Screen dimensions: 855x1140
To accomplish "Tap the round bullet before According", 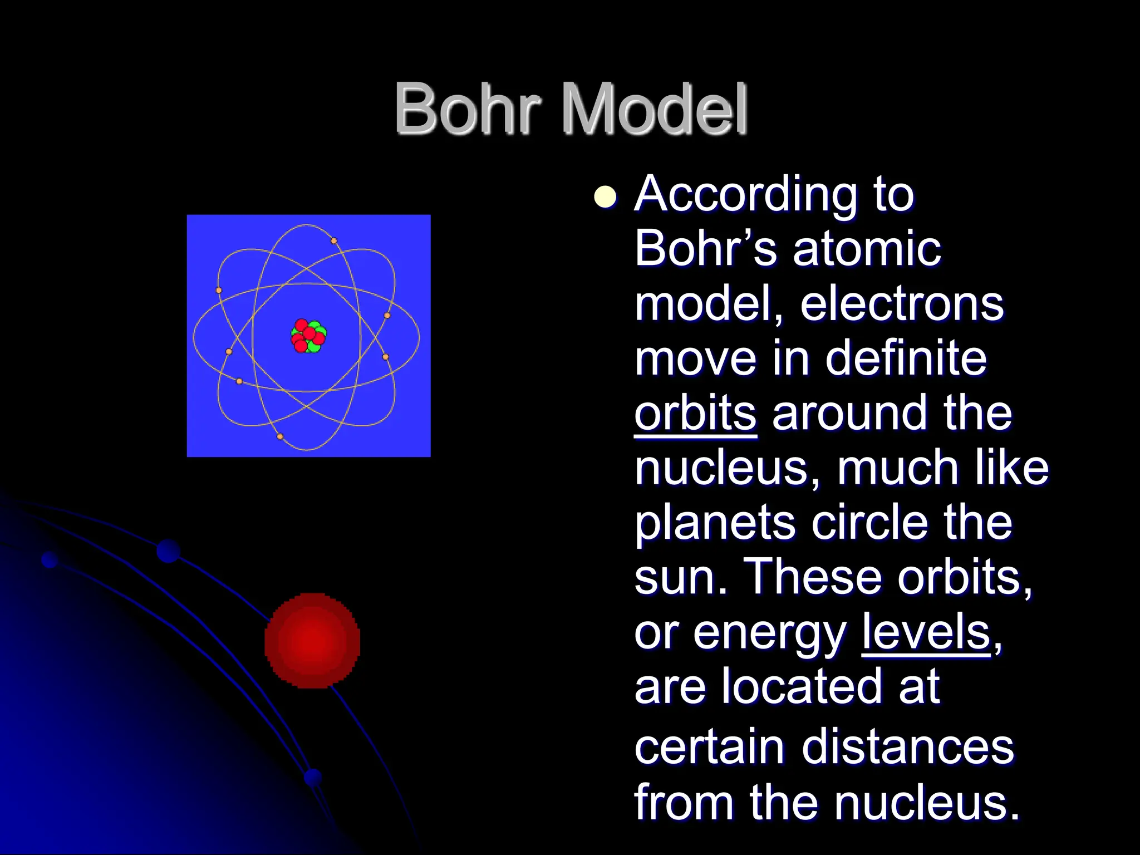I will (x=605, y=196).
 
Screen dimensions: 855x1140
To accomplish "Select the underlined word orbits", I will (x=695, y=414).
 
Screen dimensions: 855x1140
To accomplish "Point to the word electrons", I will (x=902, y=304).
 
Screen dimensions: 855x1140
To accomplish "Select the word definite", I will (x=906, y=359).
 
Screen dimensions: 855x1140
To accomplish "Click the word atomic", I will (x=867, y=249).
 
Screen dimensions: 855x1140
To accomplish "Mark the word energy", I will (x=769, y=635).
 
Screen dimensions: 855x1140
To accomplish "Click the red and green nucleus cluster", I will (x=308, y=336).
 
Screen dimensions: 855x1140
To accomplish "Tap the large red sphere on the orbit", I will (x=312, y=641).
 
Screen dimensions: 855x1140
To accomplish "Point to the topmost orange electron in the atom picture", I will (x=334, y=241).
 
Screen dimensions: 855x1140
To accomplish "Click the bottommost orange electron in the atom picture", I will (x=280, y=436).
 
